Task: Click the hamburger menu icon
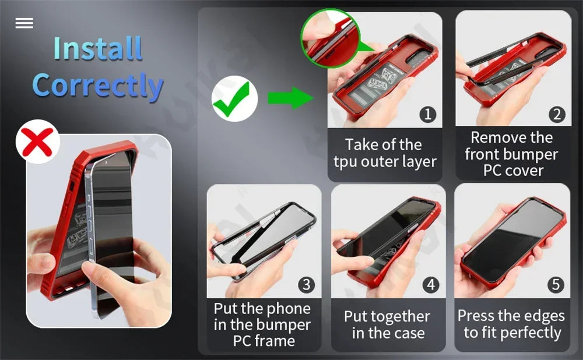pos(24,23)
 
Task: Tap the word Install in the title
pos(98,48)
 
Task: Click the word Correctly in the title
pos(98,86)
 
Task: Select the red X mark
pos(37,142)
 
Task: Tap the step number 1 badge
pos(428,114)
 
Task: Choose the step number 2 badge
pos(557,114)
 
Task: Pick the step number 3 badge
pos(307,285)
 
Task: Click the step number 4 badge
pos(431,285)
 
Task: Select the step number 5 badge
pos(556,285)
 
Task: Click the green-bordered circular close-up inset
pos(331,38)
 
